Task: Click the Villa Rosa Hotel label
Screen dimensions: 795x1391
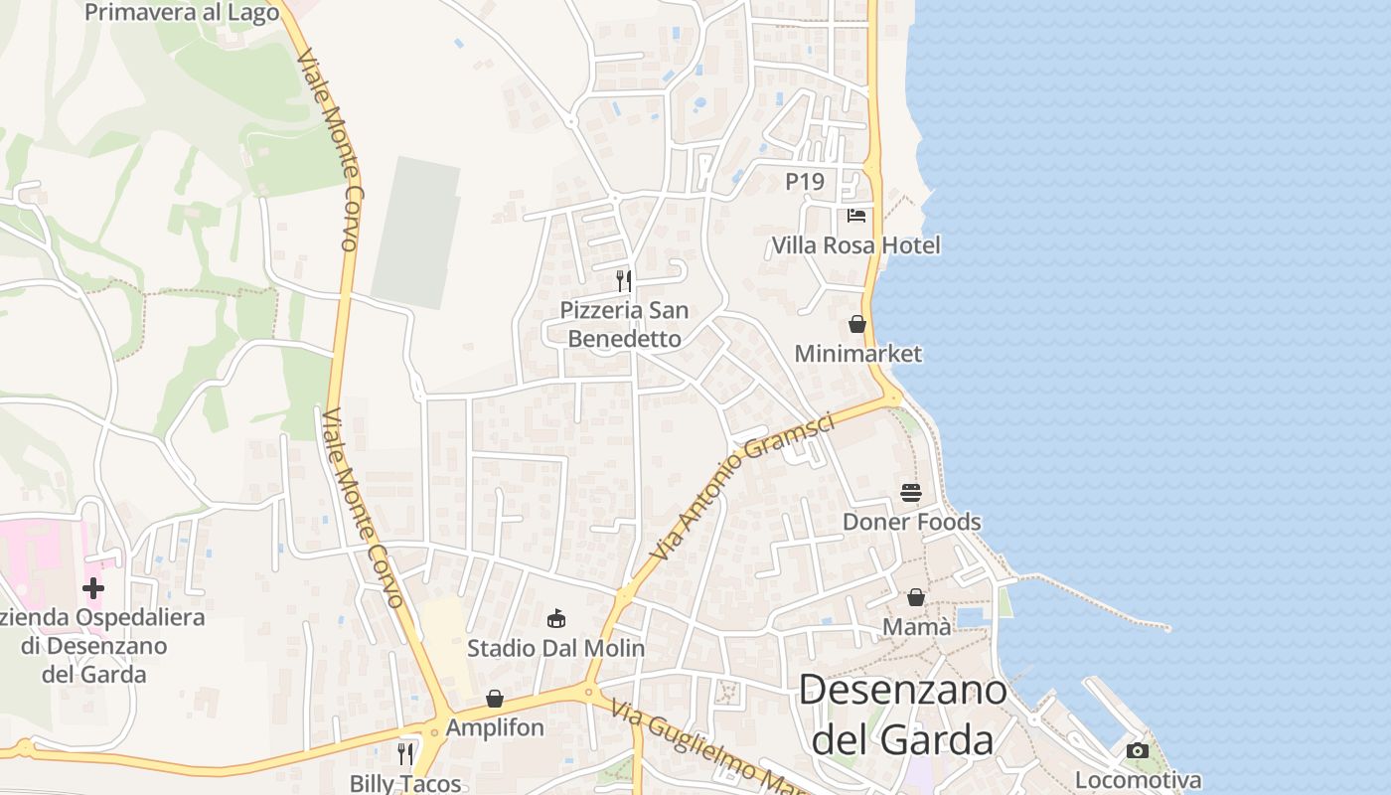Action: pos(855,245)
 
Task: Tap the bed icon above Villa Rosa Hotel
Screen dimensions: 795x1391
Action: pos(856,215)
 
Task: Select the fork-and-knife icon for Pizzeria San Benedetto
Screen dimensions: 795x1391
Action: pos(623,281)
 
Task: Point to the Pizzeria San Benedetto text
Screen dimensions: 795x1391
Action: pos(624,324)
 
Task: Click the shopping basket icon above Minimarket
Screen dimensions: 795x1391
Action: pos(856,324)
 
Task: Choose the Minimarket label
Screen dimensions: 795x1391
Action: pos(858,354)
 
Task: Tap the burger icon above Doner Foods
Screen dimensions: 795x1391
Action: pos(910,492)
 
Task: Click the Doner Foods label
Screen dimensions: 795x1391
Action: pos(911,522)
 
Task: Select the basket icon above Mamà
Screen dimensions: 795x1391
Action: pos(915,597)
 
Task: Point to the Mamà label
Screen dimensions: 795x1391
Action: pos(916,627)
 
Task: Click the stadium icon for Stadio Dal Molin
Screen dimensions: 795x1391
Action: pos(556,619)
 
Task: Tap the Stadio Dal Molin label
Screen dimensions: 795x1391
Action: pos(555,649)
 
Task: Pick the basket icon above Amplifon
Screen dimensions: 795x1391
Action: pos(495,699)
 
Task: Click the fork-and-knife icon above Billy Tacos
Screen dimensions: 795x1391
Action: pos(405,753)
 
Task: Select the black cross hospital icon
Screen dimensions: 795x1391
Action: pos(93,588)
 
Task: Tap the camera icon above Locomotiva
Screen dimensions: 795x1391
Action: pos(1138,750)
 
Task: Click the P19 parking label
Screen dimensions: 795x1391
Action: pos(805,182)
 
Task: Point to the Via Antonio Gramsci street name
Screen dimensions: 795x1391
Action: pos(743,486)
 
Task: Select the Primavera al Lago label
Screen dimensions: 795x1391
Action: pos(182,12)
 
